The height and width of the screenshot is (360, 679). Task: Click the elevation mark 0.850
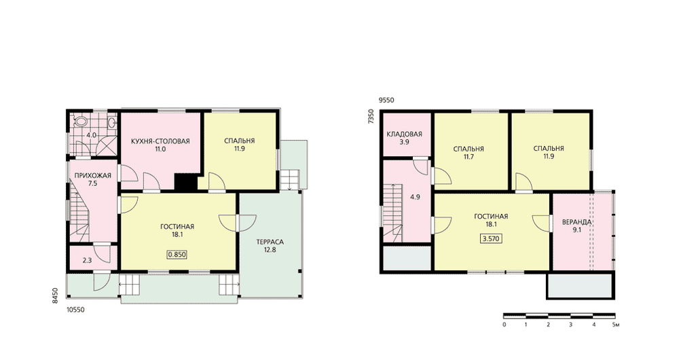click(177, 255)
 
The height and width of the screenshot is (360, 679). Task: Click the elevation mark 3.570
click(491, 238)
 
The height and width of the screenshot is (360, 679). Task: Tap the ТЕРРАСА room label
click(270, 242)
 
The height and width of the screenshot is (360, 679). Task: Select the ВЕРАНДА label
click(576, 222)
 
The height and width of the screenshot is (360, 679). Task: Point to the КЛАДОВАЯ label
click(404, 134)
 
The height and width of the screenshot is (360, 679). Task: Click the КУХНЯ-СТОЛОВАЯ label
click(161, 141)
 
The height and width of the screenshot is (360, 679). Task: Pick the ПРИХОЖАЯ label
click(92, 175)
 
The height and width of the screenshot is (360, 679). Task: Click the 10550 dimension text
click(75, 310)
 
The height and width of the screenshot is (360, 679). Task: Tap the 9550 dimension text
click(386, 100)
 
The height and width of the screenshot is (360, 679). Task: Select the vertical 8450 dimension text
click(55, 296)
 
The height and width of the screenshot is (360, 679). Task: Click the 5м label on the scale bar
click(616, 325)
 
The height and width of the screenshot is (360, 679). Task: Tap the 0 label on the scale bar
click(504, 325)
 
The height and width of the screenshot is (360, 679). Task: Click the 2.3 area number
click(87, 260)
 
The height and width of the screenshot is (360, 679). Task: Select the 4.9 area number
click(415, 197)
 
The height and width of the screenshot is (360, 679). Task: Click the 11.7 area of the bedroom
click(469, 157)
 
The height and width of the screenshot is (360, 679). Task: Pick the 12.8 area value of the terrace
click(270, 249)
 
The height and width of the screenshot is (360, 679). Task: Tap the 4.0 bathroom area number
click(91, 135)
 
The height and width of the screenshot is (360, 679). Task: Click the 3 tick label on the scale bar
click(571, 325)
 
